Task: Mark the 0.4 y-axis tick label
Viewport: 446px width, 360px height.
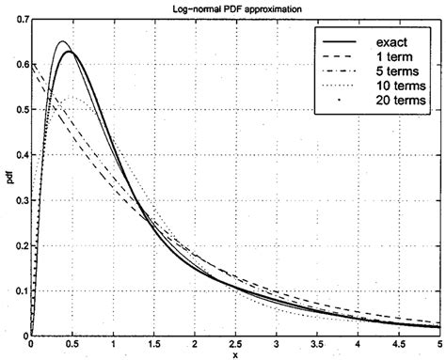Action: click(21, 153)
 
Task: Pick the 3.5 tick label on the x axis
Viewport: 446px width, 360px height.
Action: click(317, 344)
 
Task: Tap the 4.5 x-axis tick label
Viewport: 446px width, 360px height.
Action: click(399, 344)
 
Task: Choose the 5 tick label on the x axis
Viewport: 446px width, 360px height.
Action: click(439, 344)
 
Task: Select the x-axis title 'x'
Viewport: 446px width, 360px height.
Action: click(236, 354)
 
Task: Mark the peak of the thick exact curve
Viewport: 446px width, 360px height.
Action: click(70, 52)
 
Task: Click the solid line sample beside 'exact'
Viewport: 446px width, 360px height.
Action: click(341, 43)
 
